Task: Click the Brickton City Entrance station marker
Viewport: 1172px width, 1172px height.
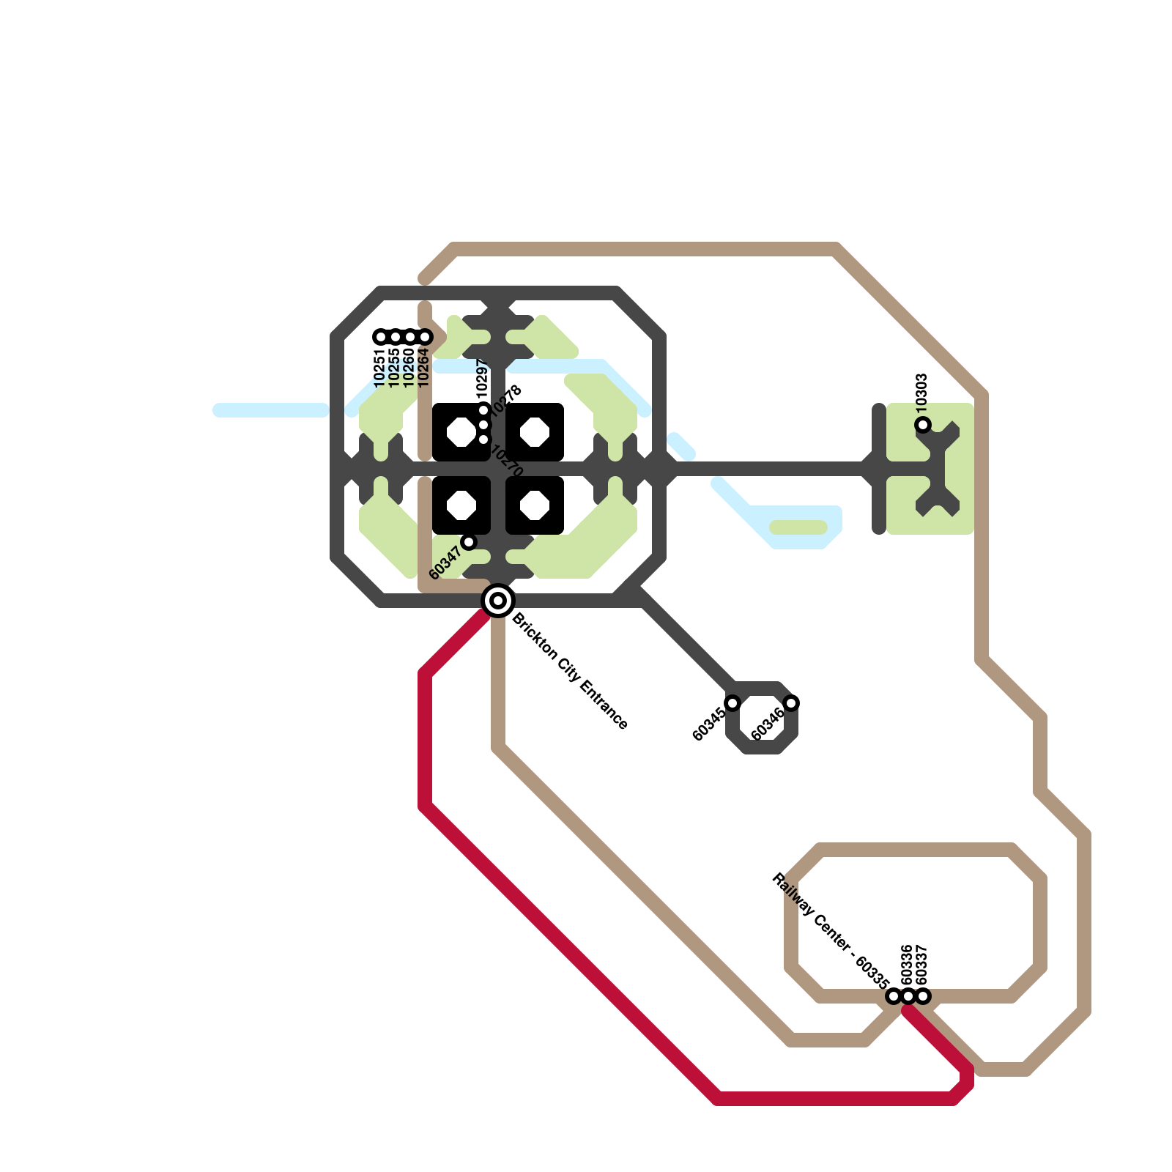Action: coord(498,601)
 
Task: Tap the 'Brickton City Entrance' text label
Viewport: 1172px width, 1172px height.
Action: coord(569,671)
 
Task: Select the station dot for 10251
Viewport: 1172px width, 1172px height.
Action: coord(381,337)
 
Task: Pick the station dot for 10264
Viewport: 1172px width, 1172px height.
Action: coord(425,337)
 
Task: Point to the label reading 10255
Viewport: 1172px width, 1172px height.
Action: coord(394,368)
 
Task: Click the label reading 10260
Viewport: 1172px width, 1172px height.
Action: coord(409,368)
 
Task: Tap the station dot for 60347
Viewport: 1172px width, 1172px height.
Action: coord(469,542)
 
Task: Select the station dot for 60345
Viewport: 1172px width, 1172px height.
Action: coord(732,703)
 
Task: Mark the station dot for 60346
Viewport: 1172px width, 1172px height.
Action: coord(791,703)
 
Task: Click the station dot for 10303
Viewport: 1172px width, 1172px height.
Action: coord(923,425)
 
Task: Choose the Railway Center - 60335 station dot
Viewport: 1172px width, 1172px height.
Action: coord(894,996)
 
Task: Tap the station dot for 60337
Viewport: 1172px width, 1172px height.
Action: coord(923,996)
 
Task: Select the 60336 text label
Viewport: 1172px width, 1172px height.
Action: coord(907,965)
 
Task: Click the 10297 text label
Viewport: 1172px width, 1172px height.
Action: coord(481,379)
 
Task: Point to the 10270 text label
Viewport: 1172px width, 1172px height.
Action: coord(507,461)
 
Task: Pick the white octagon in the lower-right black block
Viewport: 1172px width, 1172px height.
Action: coord(535,505)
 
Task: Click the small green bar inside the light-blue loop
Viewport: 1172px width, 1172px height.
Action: coord(798,527)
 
